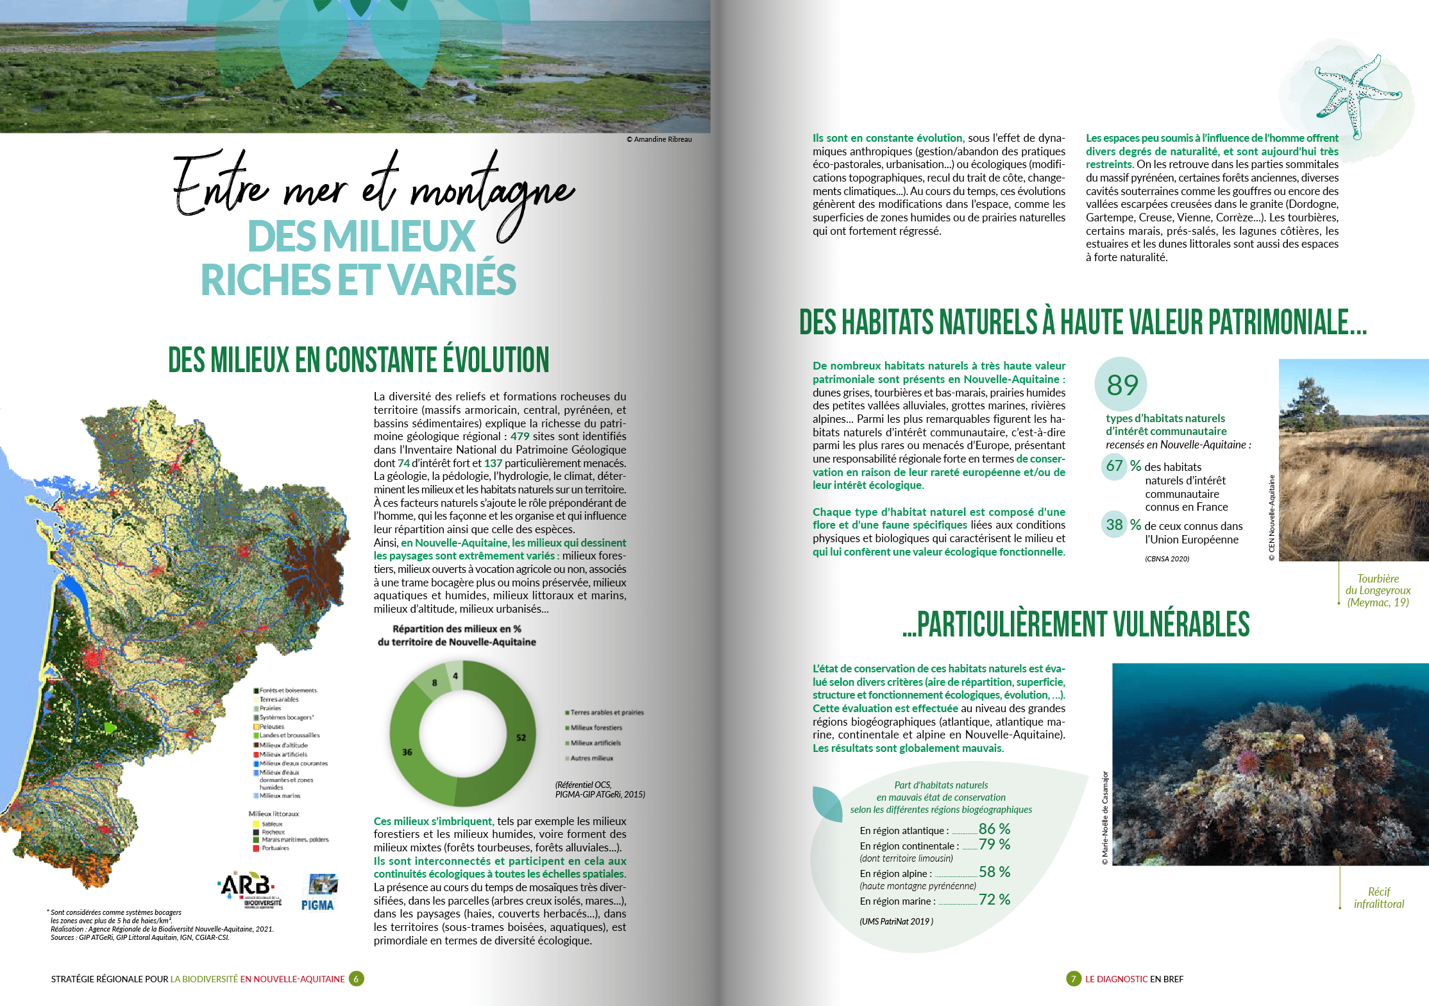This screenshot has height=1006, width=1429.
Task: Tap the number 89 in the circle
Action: [x=1122, y=385]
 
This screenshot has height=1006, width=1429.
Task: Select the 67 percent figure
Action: [x=1115, y=466]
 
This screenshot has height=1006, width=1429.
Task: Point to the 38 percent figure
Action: [x=1115, y=525]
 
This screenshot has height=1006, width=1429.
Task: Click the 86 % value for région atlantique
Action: [x=994, y=829]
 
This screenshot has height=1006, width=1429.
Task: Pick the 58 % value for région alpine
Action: [x=994, y=872]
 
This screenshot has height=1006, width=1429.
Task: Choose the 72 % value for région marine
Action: [x=994, y=899]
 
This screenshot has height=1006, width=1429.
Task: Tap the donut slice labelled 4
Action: [x=455, y=676]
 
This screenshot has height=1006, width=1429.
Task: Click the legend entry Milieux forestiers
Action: [x=596, y=728]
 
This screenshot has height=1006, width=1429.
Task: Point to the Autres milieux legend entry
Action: [x=591, y=758]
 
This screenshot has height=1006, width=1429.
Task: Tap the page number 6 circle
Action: [x=356, y=979]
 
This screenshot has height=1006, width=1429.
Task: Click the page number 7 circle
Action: [x=1073, y=979]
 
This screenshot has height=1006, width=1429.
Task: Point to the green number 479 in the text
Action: [x=520, y=436]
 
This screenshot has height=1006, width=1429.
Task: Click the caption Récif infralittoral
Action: [x=1378, y=898]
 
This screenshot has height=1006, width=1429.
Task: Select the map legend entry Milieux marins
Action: [x=280, y=796]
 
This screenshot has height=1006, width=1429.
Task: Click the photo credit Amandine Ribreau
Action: [x=659, y=139]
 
